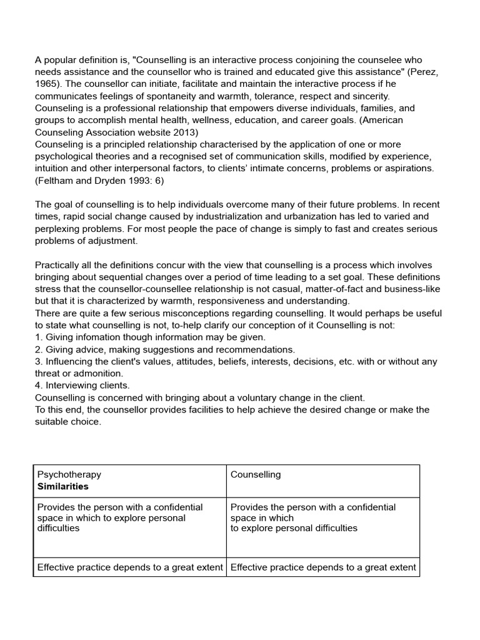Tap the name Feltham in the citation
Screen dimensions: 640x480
57,181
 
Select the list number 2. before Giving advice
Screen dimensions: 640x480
39,349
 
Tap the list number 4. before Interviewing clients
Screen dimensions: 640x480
39,386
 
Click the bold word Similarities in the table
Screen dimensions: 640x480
63,486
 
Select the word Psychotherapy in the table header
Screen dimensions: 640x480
69,474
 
